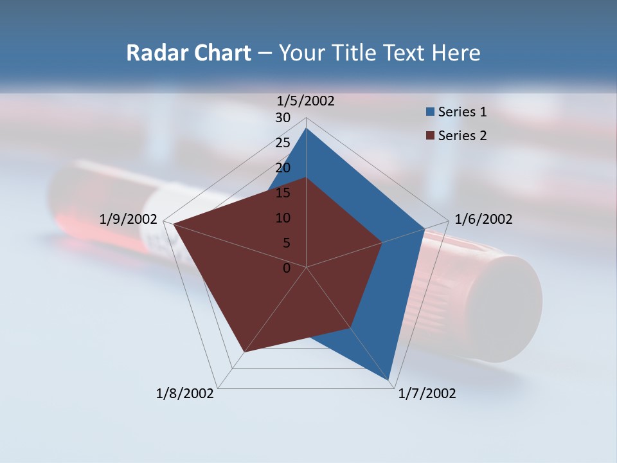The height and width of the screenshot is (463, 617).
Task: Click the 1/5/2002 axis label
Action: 306,101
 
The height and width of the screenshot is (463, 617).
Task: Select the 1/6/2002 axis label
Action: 483,219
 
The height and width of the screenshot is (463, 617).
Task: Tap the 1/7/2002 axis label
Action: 427,394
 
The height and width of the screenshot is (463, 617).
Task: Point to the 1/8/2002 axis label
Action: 185,394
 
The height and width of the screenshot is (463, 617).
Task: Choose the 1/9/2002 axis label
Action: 129,219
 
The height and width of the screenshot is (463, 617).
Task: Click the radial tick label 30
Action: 283,118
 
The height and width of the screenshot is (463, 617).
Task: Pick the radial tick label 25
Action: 283,143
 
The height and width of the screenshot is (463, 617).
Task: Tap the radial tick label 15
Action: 283,193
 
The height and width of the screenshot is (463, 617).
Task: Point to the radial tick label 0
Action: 287,268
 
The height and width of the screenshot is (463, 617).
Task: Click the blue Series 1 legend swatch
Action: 430,113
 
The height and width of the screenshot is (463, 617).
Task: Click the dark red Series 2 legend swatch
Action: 430,136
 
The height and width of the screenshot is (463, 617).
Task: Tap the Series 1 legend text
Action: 462,112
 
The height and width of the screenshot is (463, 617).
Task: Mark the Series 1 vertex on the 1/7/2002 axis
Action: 389,380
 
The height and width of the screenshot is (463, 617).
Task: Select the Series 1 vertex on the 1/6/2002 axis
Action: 424,228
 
